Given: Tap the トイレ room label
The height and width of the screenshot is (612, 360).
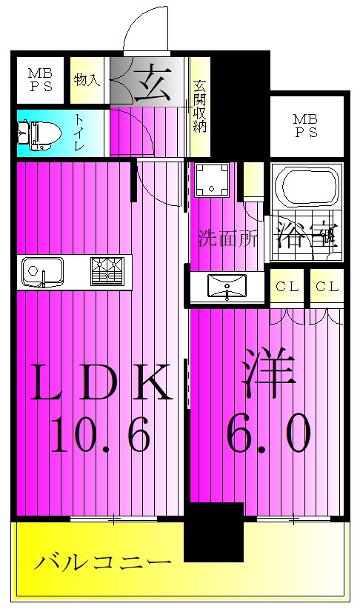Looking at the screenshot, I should click(79, 134).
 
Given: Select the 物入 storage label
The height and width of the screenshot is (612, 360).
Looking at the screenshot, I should click(87, 80).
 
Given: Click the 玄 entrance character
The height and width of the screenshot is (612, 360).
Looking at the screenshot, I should click(153, 78).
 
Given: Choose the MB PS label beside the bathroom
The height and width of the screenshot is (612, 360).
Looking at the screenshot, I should click(304, 126).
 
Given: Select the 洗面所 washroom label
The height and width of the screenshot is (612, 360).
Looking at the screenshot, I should click(226, 239).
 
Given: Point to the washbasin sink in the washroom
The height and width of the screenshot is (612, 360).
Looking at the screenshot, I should click(225, 285).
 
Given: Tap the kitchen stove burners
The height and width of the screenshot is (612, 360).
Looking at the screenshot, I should click(108, 270).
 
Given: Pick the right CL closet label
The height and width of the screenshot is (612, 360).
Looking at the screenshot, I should click(327, 287).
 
